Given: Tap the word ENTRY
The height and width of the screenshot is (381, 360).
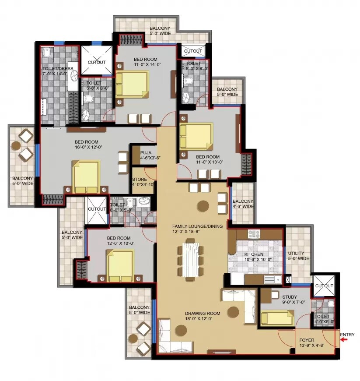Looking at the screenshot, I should (347, 335).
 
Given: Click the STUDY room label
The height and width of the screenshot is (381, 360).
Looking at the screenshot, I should (289, 297).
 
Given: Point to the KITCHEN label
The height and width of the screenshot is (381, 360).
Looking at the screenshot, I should (254, 254).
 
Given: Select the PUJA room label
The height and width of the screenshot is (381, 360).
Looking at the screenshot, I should (146, 153).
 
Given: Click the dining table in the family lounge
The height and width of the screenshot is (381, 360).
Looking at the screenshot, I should (190, 259).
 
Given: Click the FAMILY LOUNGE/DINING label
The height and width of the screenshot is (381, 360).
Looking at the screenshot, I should (197, 226).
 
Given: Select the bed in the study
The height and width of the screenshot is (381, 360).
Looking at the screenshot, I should (277, 317).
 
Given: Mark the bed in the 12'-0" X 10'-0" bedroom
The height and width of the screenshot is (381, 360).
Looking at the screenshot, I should (120, 265).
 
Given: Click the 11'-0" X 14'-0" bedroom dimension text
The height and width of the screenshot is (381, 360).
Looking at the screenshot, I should (147, 64).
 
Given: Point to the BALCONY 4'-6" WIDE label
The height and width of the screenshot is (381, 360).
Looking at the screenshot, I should (243, 204).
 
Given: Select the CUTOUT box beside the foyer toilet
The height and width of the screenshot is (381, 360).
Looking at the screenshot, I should (324, 285).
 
